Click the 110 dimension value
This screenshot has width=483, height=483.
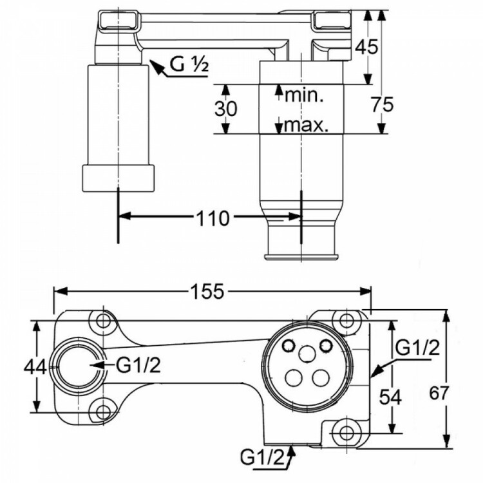point(213,218)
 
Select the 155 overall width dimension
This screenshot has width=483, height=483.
point(207,291)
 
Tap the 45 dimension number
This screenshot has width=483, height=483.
point(366,47)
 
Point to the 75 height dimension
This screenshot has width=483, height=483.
point(382,104)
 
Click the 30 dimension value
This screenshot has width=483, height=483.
point(226,109)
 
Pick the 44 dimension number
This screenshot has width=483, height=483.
point(35,367)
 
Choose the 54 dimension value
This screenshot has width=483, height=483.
point(390,397)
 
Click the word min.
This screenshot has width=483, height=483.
point(305,95)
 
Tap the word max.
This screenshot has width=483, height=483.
point(306,125)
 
